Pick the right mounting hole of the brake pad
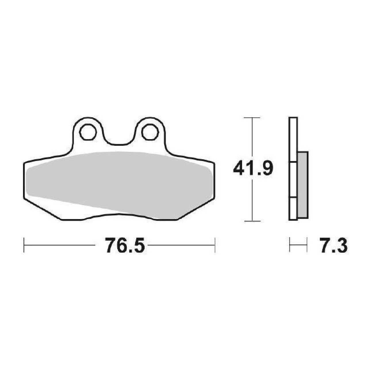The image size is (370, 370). point(150,132)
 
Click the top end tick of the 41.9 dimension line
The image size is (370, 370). point(252,117)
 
